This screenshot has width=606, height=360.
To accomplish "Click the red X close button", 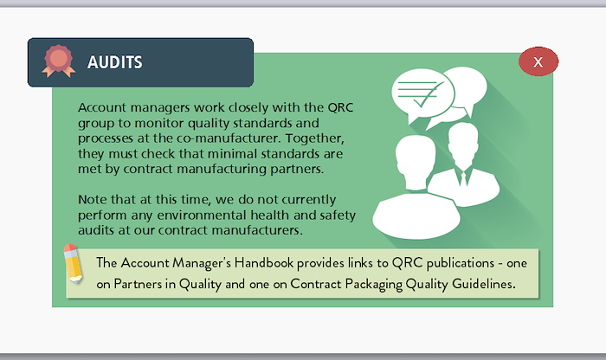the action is click(x=538, y=61).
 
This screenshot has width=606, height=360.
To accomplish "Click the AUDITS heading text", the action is click(x=115, y=62).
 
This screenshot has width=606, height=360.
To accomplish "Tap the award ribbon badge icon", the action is click(x=58, y=61).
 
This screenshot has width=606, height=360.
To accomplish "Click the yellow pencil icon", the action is click(x=73, y=264).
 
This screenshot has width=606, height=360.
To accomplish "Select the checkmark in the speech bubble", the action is click(x=428, y=95).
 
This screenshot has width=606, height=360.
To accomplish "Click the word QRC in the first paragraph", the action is click(x=340, y=107).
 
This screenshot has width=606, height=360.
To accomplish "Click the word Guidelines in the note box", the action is click(x=483, y=284).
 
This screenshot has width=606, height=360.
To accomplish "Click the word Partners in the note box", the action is click(x=138, y=285).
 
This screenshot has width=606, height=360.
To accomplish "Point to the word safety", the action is click(x=338, y=215).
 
